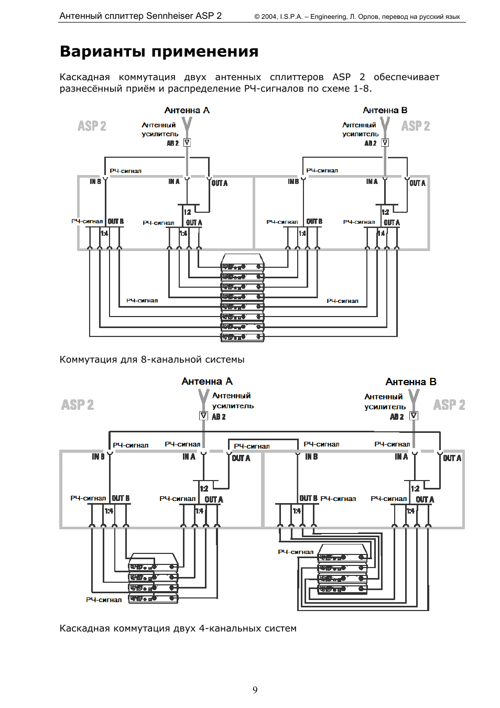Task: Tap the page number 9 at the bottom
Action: point(255,690)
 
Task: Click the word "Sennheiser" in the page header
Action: point(170,16)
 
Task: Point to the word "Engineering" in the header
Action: point(328,17)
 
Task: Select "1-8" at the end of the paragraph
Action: point(361,89)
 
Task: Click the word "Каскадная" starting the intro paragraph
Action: point(84,77)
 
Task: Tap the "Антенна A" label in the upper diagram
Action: point(187,110)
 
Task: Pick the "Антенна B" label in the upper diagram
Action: point(385,110)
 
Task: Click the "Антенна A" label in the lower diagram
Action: point(207,382)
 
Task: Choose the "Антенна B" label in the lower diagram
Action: point(411,382)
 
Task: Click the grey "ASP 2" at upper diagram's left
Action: point(92,126)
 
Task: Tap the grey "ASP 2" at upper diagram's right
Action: point(416,126)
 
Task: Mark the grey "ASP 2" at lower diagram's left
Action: point(78,405)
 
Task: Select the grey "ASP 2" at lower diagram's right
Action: point(449,405)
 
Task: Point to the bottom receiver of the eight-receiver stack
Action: point(242,337)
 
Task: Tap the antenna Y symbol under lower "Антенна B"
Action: point(414,398)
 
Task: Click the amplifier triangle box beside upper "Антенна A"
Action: point(187,143)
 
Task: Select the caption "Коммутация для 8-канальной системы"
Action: point(152,360)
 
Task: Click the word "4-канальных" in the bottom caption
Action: point(230,628)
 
